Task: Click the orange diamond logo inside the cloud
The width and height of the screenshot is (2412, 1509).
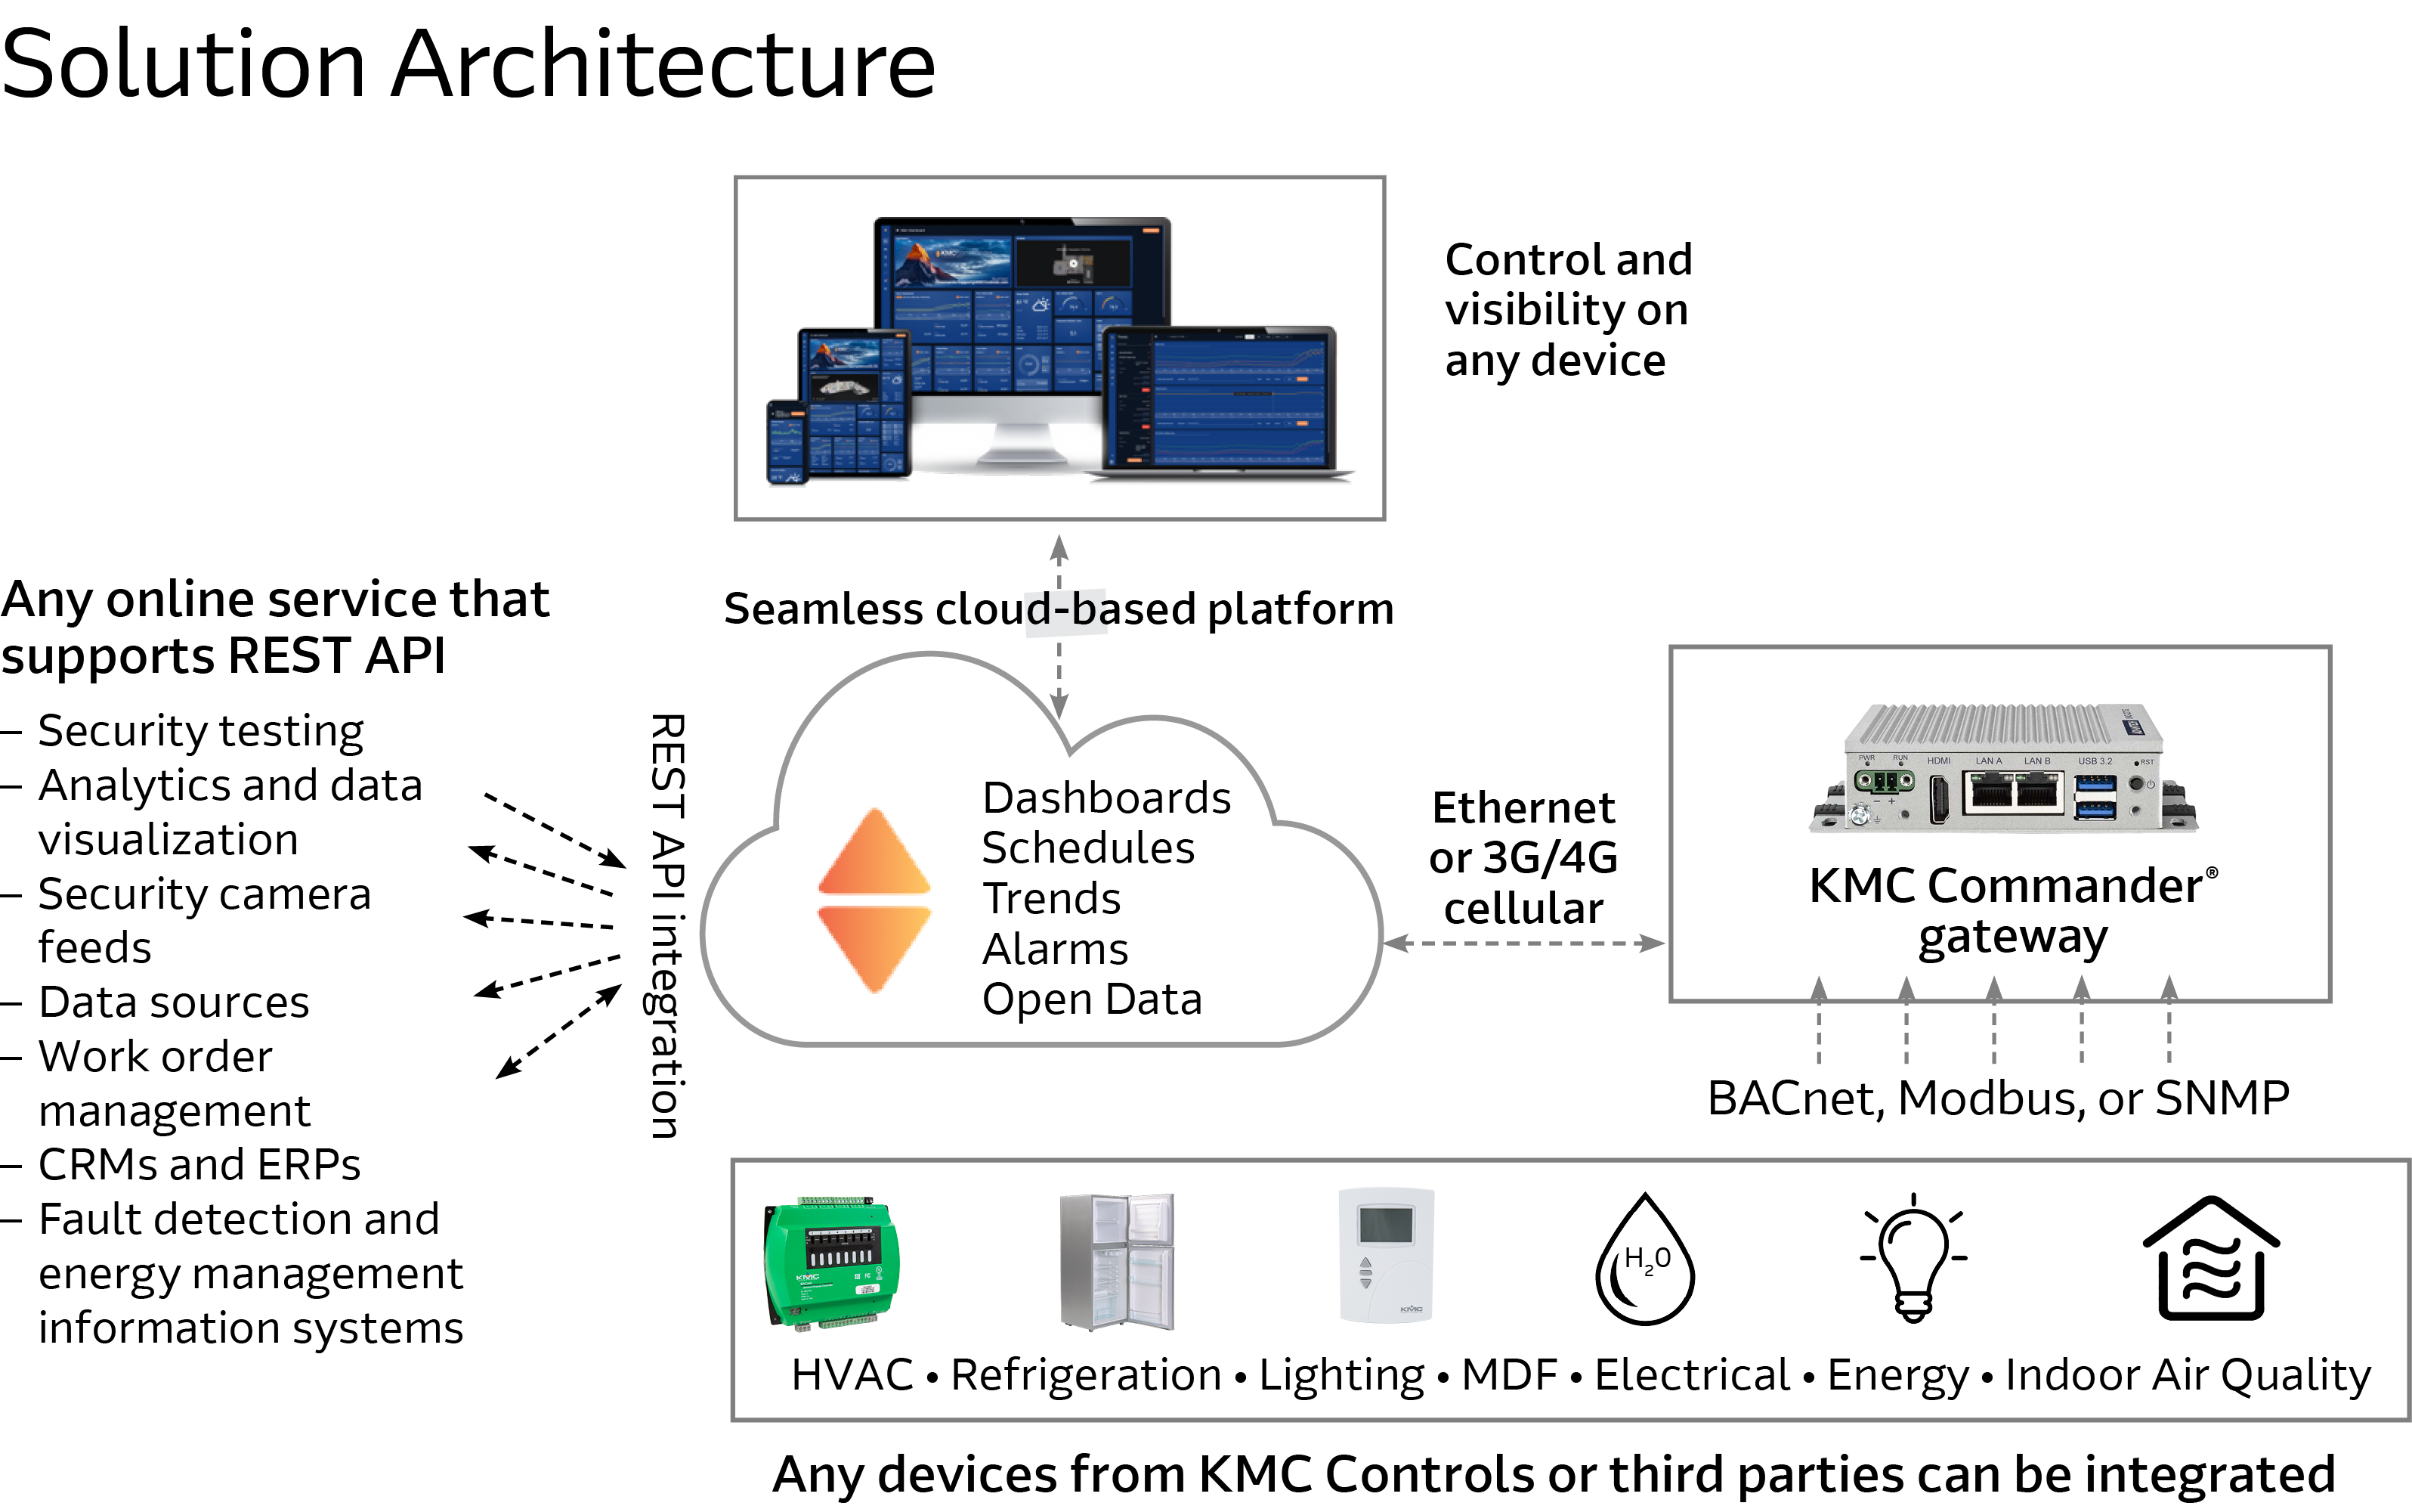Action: click(x=874, y=900)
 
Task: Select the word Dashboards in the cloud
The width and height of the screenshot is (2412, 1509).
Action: click(x=1105, y=798)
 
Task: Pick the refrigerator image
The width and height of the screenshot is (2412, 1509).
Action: click(x=1118, y=1262)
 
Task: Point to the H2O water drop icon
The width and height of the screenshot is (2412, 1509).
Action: click(x=1645, y=1262)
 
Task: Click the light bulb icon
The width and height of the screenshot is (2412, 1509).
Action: click(x=1913, y=1260)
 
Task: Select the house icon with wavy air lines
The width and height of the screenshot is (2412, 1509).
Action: click(x=2210, y=1260)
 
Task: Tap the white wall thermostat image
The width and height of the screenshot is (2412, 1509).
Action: click(x=1386, y=1256)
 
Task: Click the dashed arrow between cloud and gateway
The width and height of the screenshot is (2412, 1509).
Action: click(x=1523, y=944)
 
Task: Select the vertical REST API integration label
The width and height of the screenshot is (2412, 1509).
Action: click(x=667, y=926)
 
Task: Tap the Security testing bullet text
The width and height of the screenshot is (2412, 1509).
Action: click(x=200, y=730)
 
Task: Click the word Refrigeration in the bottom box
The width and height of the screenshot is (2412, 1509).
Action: click(x=1084, y=1374)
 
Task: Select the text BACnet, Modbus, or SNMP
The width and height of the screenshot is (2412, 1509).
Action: click(x=1998, y=1098)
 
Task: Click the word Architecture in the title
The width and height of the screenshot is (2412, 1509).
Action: click(x=663, y=65)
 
